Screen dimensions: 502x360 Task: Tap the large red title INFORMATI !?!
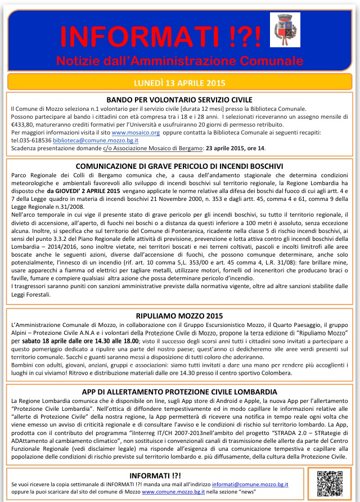click(x=160, y=37)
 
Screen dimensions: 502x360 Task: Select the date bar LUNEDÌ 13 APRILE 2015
click(x=180, y=82)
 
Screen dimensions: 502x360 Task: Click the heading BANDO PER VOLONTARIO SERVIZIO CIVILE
click(x=179, y=99)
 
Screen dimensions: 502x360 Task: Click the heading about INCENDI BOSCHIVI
click(x=179, y=166)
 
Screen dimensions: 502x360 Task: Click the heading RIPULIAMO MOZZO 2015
click(x=179, y=317)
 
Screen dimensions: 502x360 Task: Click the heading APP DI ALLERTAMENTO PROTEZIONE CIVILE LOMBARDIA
click(x=179, y=391)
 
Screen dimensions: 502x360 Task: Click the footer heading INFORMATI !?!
click(x=148, y=475)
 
